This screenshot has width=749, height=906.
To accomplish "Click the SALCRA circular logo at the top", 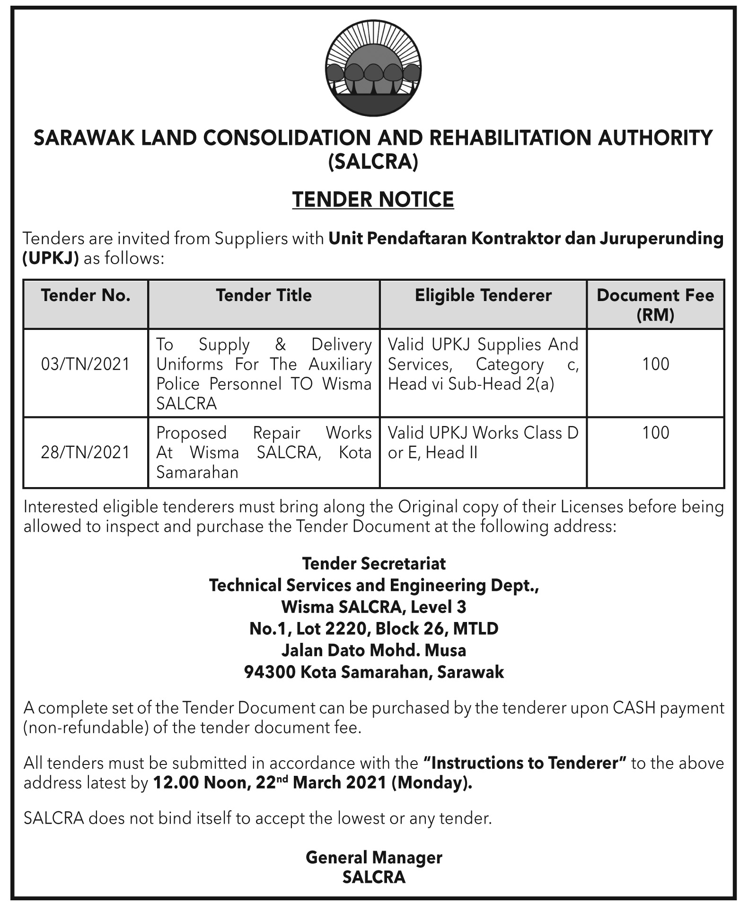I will click(373, 70).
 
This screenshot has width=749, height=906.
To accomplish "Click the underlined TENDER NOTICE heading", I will click(373, 200).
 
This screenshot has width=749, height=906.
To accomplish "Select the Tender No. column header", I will click(86, 295).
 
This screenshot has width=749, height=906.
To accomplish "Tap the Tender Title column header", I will click(264, 295).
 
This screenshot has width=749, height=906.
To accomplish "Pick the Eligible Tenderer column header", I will click(483, 295).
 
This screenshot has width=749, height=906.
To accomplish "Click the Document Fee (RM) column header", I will click(655, 304).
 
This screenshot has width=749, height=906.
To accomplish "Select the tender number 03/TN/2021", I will click(86, 364).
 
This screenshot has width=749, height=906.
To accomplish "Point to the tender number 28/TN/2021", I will click(86, 453).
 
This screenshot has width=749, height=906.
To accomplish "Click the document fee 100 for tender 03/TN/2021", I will click(655, 364).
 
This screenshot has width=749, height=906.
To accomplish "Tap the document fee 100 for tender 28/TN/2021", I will click(655, 433).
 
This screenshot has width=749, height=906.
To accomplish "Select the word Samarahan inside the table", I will click(197, 472).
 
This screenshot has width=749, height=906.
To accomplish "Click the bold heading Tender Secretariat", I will click(374, 564).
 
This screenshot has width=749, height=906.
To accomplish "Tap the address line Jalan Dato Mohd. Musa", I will click(374, 650).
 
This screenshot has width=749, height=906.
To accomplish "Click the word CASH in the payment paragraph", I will click(634, 708).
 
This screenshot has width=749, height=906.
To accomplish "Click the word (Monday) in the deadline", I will click(432, 783).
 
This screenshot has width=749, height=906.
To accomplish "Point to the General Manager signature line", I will click(374, 858).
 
